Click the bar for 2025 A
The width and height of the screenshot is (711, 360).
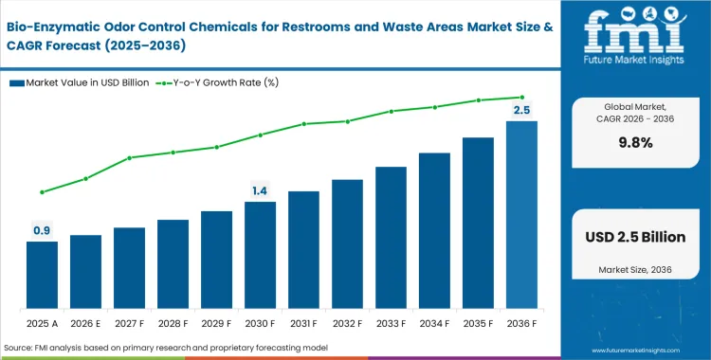[42, 275]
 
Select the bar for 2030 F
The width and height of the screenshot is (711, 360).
[260, 255]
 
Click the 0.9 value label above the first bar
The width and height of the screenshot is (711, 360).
[42, 230]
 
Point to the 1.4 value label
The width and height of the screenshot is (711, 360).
[260, 190]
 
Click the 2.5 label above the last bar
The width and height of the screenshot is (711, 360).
[521, 110]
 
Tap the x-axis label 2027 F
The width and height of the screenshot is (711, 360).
[129, 322]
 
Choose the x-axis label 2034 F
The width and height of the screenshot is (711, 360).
[434, 322]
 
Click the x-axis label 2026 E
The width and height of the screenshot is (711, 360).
[85, 322]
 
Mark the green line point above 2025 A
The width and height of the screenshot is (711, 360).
[42, 192]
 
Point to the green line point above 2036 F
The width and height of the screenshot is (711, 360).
[521, 97]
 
